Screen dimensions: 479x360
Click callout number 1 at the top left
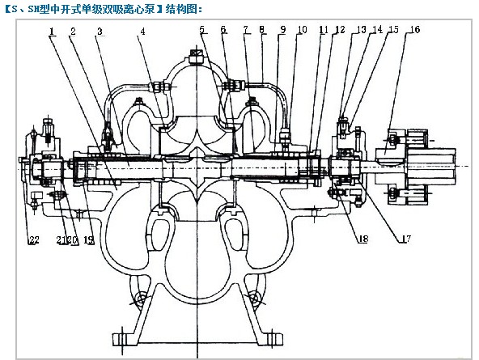52,31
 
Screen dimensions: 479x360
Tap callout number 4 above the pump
142,31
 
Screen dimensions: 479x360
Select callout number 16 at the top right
414,29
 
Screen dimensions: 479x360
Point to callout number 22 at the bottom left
34,239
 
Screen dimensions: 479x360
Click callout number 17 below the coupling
405,239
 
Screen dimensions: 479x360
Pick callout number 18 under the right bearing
362,239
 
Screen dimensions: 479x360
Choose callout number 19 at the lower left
88,240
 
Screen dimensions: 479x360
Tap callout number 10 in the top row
302,29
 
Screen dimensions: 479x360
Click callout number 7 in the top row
246,30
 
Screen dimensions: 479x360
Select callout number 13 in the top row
361,29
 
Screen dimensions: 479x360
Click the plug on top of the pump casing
196,56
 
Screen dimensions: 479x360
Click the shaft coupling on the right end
415,167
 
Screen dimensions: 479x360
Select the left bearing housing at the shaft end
41,167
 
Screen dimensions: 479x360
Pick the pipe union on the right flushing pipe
233,85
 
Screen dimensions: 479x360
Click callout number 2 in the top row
73,31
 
